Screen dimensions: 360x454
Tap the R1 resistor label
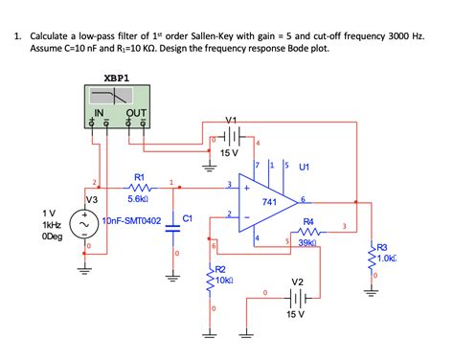[139, 176]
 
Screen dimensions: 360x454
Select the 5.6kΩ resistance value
[137, 201]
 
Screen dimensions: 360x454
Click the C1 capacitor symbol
[173, 226]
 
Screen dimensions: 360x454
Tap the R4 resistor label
[308, 221]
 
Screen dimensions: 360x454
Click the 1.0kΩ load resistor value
[385, 259]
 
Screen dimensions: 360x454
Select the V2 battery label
[298, 281]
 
